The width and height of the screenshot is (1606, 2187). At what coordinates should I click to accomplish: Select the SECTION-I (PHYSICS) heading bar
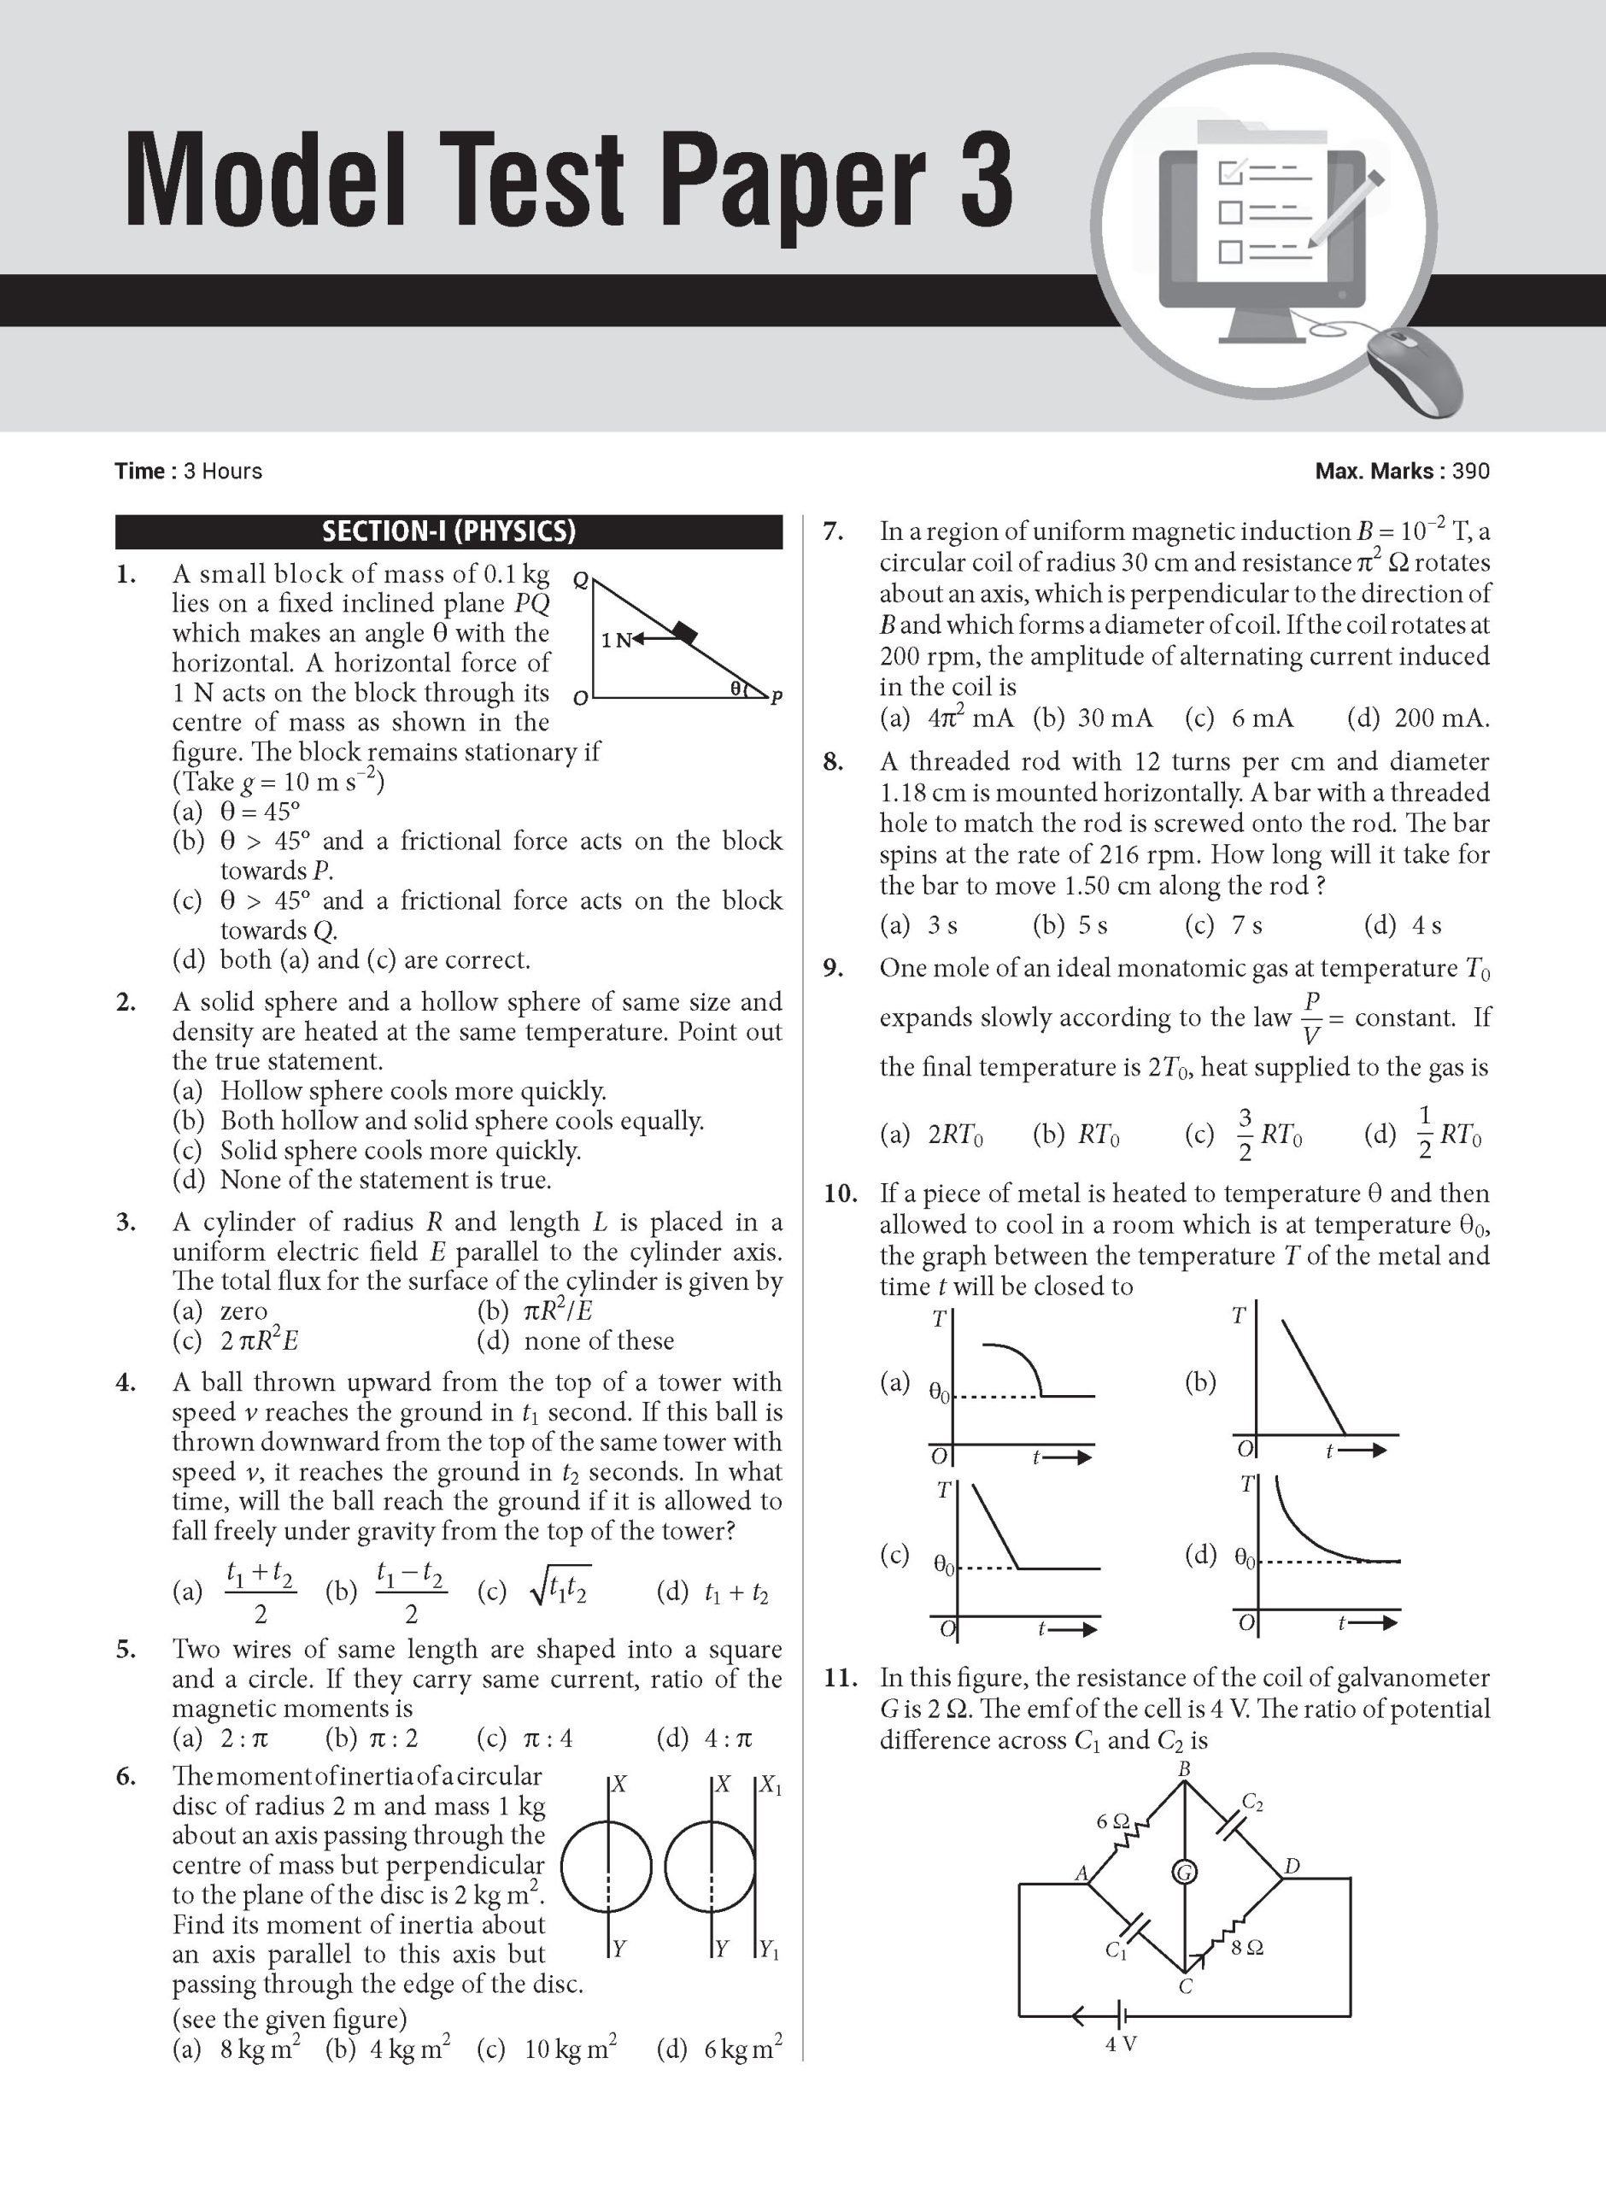point(448,531)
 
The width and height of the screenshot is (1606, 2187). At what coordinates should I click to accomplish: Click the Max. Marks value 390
point(1470,472)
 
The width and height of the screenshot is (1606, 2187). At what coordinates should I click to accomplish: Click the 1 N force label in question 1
point(615,640)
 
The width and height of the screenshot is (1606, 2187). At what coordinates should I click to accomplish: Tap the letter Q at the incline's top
point(580,580)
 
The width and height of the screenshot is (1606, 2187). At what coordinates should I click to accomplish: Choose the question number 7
point(832,531)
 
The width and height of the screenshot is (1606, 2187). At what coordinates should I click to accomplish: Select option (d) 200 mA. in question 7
point(1417,718)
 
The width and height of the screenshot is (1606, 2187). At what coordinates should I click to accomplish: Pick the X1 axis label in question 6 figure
point(770,1785)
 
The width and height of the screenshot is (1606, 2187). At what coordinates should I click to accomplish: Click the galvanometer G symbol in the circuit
point(1184,1872)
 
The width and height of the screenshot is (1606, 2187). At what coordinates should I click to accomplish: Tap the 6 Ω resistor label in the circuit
point(1112,1821)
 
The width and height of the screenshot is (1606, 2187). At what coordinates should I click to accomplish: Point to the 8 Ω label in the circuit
point(1247,1948)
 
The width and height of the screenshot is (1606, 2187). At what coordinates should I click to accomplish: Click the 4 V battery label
point(1121,2043)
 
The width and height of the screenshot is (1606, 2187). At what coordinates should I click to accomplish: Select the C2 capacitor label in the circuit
point(1253,1804)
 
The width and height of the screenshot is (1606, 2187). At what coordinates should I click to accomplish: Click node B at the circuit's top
point(1184,1769)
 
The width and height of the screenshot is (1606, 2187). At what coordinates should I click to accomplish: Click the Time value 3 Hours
point(223,472)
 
